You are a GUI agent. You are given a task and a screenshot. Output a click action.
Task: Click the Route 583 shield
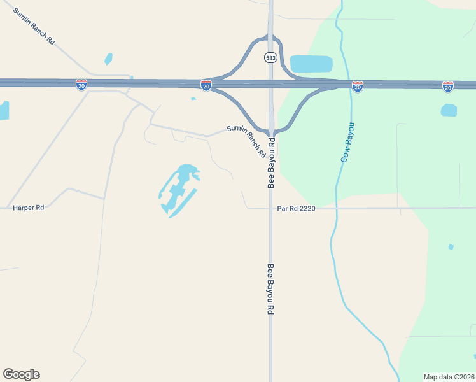270,58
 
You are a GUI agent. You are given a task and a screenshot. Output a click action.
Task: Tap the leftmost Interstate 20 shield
81,85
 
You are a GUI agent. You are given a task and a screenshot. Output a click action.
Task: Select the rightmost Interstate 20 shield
448,86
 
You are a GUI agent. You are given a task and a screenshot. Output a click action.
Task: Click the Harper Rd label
29,208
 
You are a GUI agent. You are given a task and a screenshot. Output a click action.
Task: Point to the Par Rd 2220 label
297,208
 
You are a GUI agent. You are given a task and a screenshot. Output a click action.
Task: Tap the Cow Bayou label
348,142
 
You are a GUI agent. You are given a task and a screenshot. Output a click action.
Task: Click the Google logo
21,374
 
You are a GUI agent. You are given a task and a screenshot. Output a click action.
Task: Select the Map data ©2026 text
449,376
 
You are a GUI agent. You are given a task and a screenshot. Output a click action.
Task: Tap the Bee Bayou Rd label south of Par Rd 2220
270,288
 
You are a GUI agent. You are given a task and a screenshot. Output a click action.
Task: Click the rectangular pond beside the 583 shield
311,64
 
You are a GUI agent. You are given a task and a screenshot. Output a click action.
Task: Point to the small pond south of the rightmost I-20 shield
449,110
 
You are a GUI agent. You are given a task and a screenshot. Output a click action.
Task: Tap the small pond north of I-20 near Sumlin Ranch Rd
108,59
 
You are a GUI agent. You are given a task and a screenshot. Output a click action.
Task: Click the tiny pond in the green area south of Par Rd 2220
451,246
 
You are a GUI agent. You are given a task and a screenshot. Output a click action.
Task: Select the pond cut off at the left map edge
3,110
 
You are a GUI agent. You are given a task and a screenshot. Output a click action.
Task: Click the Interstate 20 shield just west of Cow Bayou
358,86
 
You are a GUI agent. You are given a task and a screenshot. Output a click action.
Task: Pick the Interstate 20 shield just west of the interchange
206,85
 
